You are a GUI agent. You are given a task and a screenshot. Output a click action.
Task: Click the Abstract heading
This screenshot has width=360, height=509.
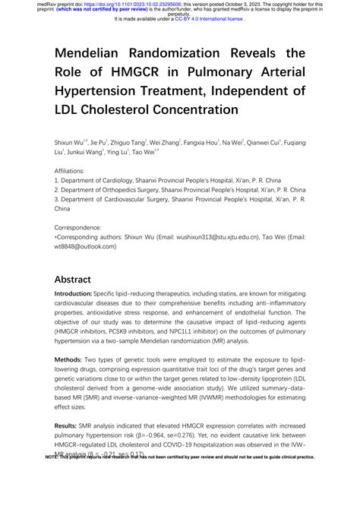(x=73, y=280)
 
